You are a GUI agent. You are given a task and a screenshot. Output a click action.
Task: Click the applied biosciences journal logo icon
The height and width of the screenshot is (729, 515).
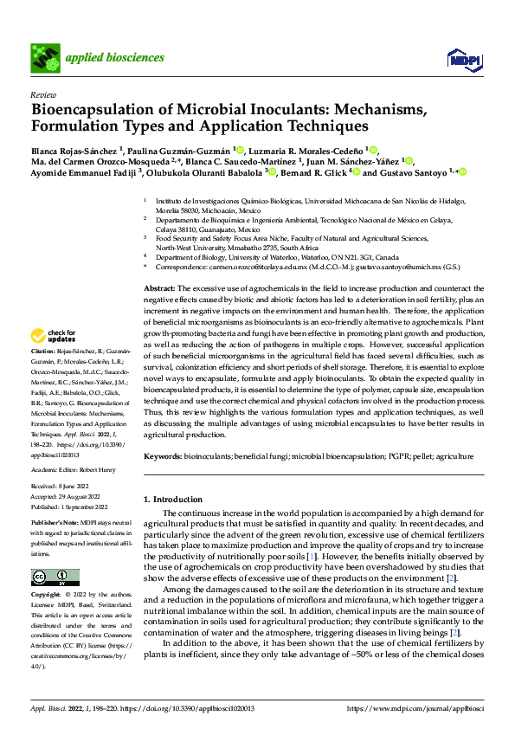45,58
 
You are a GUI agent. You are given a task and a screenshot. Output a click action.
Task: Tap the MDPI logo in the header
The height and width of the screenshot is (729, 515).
463,58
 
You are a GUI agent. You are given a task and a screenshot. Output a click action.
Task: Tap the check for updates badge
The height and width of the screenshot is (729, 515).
54,336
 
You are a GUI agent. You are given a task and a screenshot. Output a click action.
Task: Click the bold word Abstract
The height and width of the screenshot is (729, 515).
160,287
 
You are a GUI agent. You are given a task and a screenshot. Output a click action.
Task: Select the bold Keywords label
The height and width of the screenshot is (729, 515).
162,455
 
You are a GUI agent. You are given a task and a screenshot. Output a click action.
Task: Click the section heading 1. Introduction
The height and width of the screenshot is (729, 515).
177,500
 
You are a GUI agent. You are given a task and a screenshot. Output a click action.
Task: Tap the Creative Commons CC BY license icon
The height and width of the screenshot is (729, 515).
55,577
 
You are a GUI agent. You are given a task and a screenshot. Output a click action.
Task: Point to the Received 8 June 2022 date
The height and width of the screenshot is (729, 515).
67,487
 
